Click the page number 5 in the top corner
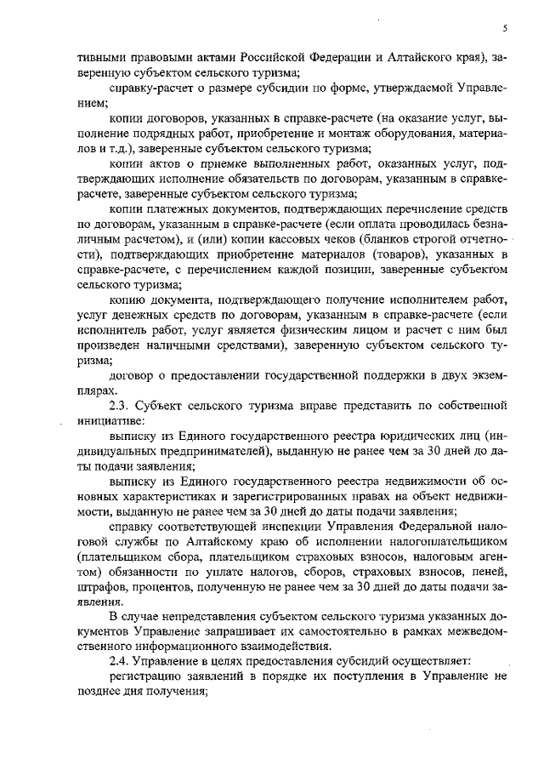pos(505,28)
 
